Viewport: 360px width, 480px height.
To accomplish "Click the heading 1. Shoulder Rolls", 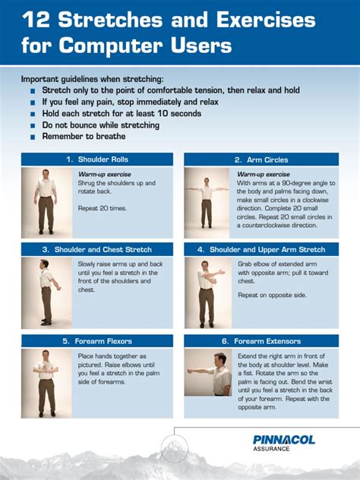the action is click(96, 159).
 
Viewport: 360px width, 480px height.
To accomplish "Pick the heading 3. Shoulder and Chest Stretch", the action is click(96, 249).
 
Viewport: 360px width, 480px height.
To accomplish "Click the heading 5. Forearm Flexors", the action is click(96, 341).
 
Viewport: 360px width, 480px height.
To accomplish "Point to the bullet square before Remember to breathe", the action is click(33, 137).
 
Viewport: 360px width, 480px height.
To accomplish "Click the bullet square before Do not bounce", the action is click(33, 125).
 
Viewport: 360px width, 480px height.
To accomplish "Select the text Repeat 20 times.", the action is click(103, 208).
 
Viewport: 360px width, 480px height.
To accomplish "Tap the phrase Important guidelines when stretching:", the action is click(92, 79).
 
